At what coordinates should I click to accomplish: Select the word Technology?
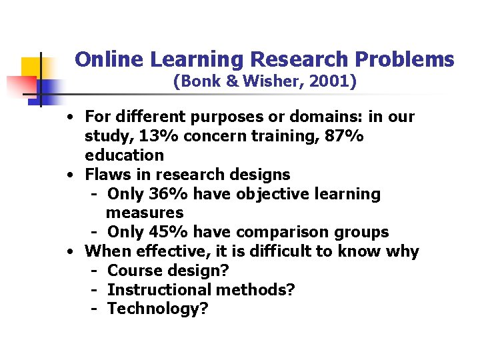click(x=158, y=309)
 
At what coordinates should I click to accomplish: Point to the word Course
click(x=131, y=271)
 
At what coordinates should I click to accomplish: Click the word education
click(x=124, y=155)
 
